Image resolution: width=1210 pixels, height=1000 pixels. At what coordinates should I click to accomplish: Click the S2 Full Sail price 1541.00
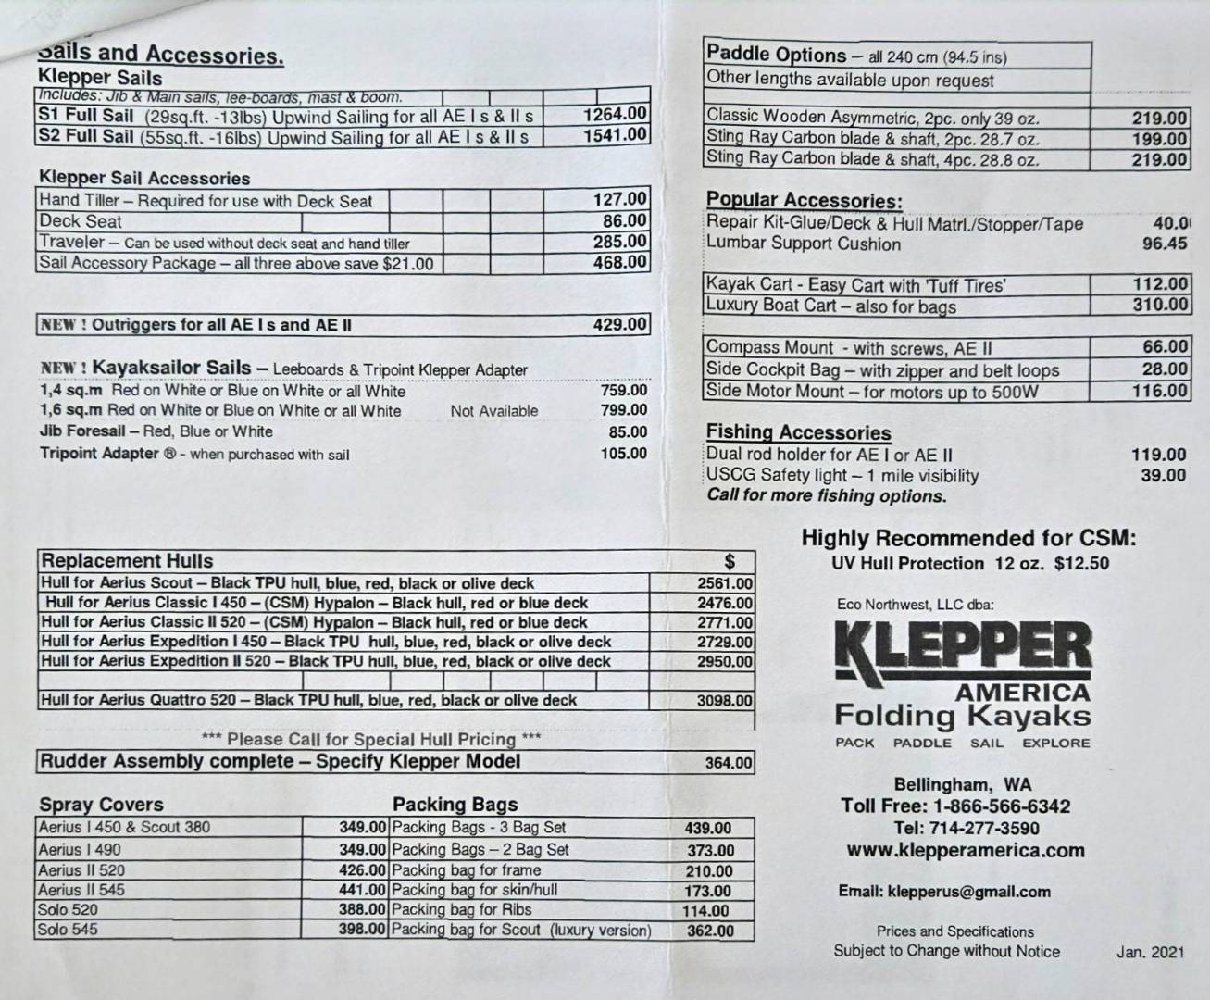tap(615, 135)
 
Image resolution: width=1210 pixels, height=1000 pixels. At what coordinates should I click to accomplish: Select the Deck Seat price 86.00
tap(624, 221)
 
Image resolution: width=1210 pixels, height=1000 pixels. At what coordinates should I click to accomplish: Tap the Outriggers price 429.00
tap(619, 325)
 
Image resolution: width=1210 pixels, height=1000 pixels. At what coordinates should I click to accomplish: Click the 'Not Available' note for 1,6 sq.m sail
tap(493, 411)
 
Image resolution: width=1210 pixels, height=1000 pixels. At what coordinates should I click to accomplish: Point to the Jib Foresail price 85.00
tap(627, 432)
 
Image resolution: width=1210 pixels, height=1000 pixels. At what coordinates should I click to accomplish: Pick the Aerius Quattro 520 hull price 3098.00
tap(724, 701)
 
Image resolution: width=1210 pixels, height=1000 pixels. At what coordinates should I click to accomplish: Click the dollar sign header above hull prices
tap(730, 561)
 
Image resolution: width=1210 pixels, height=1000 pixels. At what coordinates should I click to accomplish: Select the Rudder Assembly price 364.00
tap(729, 763)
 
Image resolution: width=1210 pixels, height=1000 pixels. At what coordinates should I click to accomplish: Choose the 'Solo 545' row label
tap(68, 930)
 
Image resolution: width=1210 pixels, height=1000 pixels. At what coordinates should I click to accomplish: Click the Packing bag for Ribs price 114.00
tap(706, 911)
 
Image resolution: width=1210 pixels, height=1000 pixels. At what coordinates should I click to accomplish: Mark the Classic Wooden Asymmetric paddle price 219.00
tap(1159, 119)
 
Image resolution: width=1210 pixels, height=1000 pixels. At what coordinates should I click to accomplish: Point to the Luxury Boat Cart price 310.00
tap(1160, 305)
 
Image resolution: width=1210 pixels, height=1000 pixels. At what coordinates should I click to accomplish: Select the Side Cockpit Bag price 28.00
tap(1165, 369)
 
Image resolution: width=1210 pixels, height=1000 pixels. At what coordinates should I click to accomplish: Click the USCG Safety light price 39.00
tap(1163, 476)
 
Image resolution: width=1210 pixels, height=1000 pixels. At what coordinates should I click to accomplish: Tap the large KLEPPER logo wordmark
tap(963, 649)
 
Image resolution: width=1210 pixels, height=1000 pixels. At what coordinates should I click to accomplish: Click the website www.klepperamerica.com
tap(965, 851)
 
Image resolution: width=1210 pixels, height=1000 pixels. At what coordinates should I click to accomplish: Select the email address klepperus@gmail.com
tap(944, 893)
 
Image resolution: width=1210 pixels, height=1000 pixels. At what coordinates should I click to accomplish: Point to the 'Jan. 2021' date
tap(1150, 952)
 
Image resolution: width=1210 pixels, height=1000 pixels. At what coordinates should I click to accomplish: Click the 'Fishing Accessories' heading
tap(798, 433)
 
